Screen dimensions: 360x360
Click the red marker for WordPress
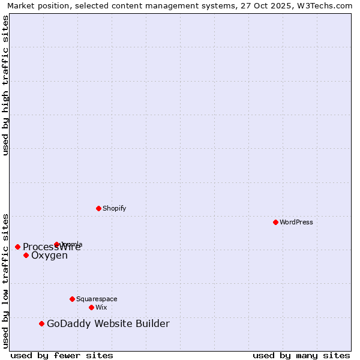click(x=275, y=222)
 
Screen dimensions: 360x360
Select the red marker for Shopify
click(x=98, y=208)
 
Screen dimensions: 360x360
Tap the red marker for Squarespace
click(x=72, y=299)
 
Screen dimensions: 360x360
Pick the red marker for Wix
click(x=91, y=307)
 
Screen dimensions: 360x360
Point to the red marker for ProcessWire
click(x=17, y=247)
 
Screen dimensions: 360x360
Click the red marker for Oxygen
click(x=26, y=255)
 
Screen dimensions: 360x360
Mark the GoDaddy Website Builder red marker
click(x=41, y=323)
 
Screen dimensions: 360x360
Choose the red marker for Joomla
click(x=56, y=244)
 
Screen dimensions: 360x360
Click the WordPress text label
click(x=296, y=222)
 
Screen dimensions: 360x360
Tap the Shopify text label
click(x=114, y=208)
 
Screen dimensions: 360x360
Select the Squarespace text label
click(x=97, y=299)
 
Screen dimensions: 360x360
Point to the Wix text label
click(x=101, y=307)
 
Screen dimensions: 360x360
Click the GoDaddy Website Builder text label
click(x=108, y=324)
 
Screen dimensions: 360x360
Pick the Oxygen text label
click(x=49, y=256)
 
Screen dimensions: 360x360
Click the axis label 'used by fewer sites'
click(x=62, y=355)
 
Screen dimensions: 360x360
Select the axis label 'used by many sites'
click(x=301, y=355)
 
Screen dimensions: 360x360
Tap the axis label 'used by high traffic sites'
click(x=5, y=85)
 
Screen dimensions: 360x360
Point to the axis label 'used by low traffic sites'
click(x=5, y=280)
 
